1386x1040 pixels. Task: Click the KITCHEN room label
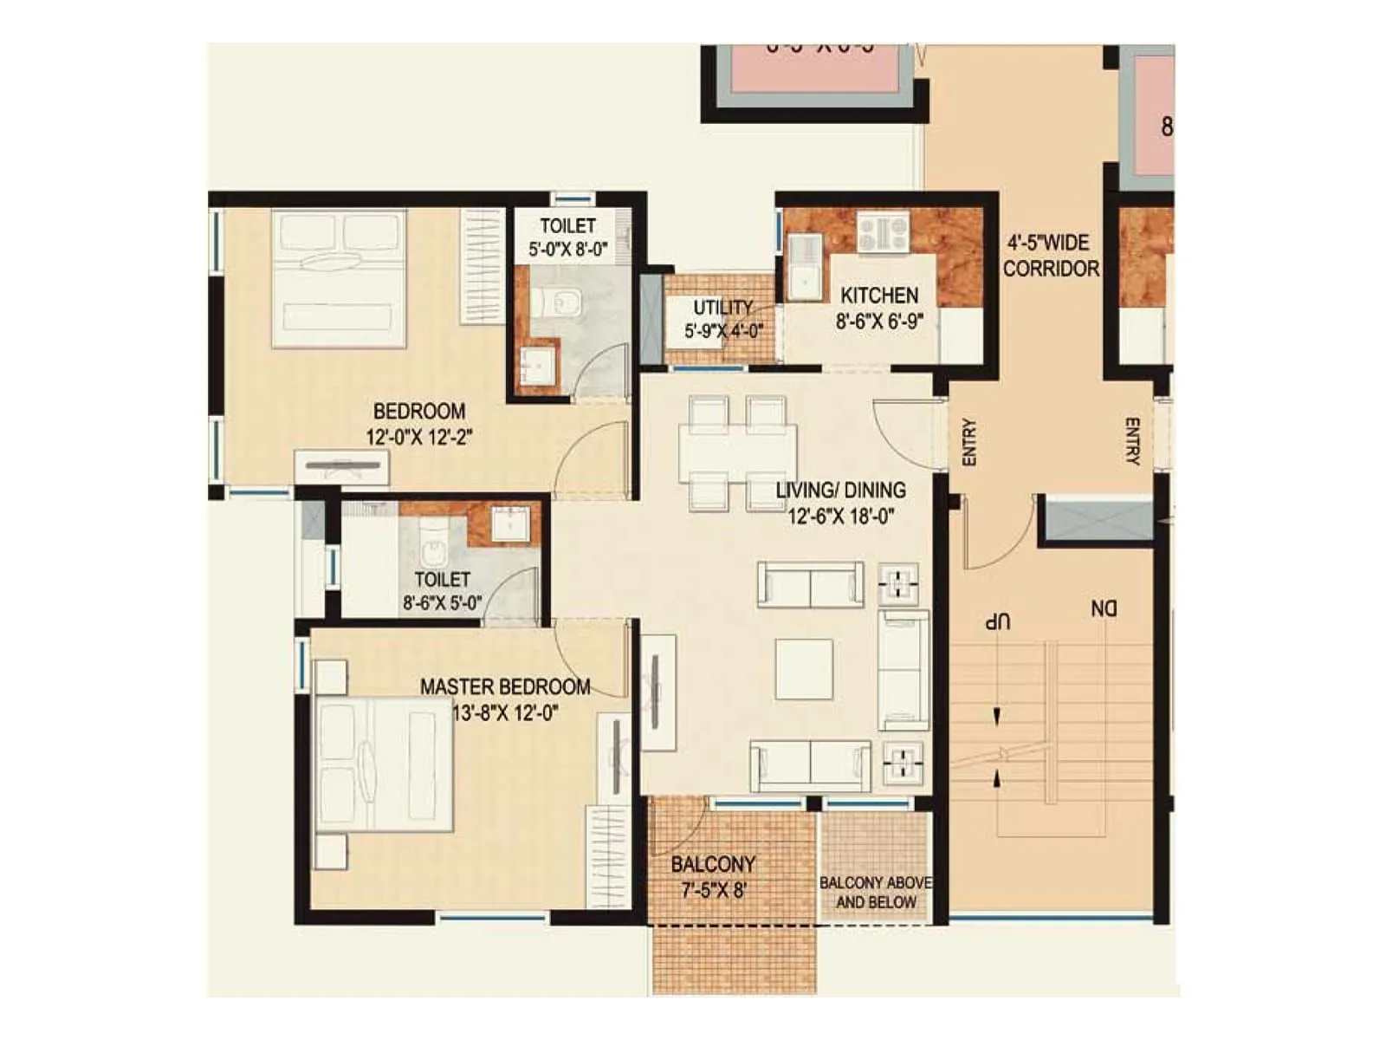tap(878, 296)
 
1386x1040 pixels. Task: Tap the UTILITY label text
tap(722, 308)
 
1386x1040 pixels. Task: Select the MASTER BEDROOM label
tap(505, 687)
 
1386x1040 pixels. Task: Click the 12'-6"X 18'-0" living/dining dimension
tap(840, 517)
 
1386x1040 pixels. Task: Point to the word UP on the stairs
tap(997, 621)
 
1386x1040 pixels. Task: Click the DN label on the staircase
tap(1104, 609)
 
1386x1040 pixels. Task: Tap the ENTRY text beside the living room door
tap(969, 442)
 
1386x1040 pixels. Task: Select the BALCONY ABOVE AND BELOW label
tap(876, 893)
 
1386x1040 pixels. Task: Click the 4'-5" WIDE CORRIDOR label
tap(1050, 256)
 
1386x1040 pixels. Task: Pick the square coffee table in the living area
tap(804, 669)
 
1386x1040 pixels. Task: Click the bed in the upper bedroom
tap(339, 278)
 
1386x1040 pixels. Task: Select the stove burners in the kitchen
tap(883, 232)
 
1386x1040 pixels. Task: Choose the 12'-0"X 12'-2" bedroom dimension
tap(418, 437)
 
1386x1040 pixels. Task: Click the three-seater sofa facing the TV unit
tap(903, 670)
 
